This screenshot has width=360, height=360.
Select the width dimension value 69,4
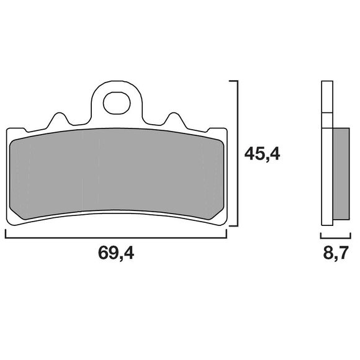click(116, 253)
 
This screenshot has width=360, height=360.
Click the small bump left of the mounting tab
click(60, 119)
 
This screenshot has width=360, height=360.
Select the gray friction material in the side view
click(341, 174)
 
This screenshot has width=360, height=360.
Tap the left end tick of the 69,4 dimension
click(6, 234)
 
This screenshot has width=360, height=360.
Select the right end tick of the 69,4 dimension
click(227, 234)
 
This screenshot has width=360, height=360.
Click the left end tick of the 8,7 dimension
click(321, 235)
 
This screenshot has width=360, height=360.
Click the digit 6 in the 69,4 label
click(102, 253)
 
